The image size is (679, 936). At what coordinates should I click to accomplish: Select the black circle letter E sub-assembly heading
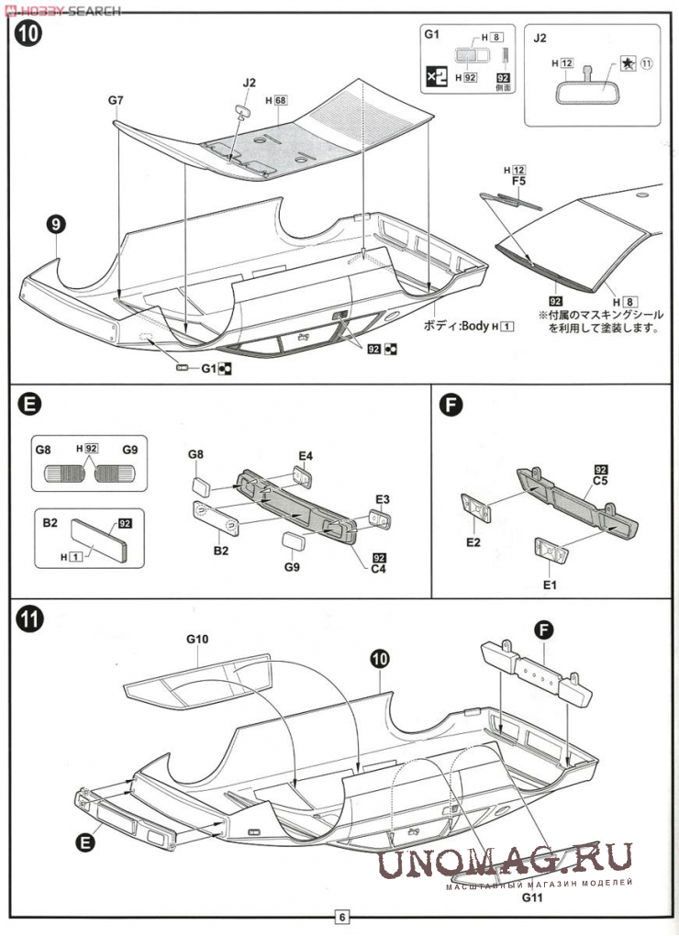(29, 405)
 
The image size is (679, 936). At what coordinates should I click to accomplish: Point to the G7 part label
(116, 98)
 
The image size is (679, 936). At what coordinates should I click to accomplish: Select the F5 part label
(518, 182)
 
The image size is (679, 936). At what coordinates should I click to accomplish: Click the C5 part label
(601, 480)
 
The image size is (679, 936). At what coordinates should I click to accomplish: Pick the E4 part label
(306, 455)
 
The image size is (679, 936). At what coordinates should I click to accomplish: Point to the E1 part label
(550, 584)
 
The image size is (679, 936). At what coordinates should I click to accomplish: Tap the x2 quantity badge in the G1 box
(438, 78)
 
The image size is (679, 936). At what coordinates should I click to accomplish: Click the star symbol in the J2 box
(626, 63)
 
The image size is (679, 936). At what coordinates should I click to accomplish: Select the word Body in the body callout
(476, 327)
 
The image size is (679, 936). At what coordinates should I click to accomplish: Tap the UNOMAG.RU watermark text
(503, 860)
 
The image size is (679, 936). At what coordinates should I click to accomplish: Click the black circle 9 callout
(57, 223)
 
